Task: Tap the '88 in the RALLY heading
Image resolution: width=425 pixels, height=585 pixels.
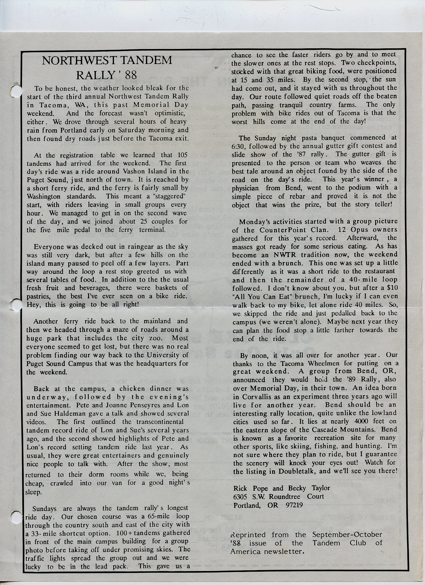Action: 127,75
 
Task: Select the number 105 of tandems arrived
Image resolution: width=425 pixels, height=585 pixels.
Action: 182,155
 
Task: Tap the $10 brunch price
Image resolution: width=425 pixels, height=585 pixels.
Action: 392,288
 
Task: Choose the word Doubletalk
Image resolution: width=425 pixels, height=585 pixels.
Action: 296,471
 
